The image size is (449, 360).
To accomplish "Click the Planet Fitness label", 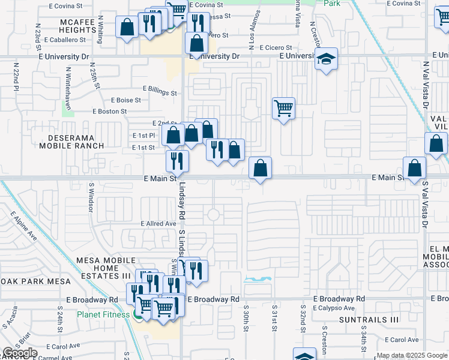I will (x=103, y=314).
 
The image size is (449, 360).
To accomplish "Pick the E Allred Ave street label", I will (x=158, y=224).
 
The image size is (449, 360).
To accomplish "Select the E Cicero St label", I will (x=271, y=47).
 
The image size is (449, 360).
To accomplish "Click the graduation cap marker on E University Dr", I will (x=327, y=59).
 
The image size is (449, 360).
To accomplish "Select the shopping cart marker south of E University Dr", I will (x=283, y=109).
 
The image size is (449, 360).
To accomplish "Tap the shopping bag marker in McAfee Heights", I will (x=127, y=26).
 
